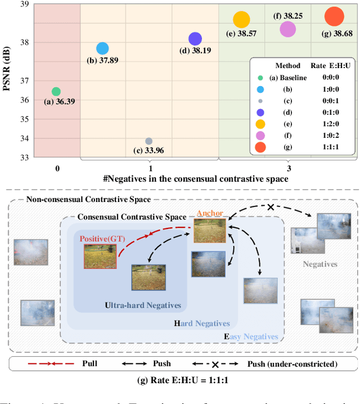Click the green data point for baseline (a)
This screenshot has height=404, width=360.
coord(56,91)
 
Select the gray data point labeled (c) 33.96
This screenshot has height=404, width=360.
coord(148,141)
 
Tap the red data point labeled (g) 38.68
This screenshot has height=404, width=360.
coord(334,17)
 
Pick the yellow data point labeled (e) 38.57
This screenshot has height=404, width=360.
coord(241,20)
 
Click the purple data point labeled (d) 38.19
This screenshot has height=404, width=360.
coord(195,39)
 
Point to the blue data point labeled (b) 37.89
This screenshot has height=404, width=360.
coord(102,48)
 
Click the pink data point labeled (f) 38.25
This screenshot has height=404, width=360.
coord(287,29)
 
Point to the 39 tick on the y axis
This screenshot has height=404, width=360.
coord(25,5)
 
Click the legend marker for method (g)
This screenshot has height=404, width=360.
coord(260,147)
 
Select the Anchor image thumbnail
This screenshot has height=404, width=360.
coord(209,231)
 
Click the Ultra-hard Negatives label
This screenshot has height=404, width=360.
coord(143,306)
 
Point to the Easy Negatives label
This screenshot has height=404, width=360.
coord(251,337)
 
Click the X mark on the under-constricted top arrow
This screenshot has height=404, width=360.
coord(271,207)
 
